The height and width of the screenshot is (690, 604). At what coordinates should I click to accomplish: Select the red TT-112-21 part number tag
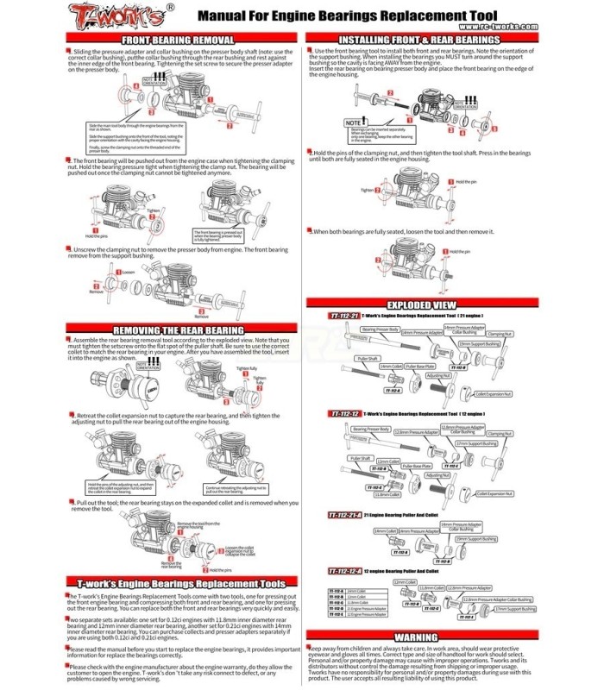pos(343,317)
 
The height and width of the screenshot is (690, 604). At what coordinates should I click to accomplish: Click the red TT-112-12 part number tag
pos(343,415)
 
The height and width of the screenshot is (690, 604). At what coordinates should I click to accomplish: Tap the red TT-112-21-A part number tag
pos(347,514)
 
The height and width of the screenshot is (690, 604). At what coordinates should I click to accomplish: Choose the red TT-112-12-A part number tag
pos(347,571)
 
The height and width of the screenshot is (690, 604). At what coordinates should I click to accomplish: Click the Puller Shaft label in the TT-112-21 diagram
pos(368,357)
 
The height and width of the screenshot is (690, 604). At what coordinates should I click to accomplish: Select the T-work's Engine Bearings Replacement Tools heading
pos(179,584)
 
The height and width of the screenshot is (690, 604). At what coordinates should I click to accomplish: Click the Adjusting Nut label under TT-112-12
pos(437,475)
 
